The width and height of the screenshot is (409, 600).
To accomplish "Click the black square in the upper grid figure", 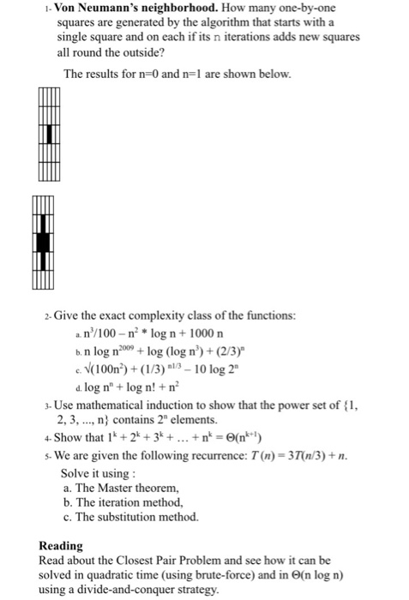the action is [x=51, y=135].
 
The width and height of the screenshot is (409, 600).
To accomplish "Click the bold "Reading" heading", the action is [x=62, y=544].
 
